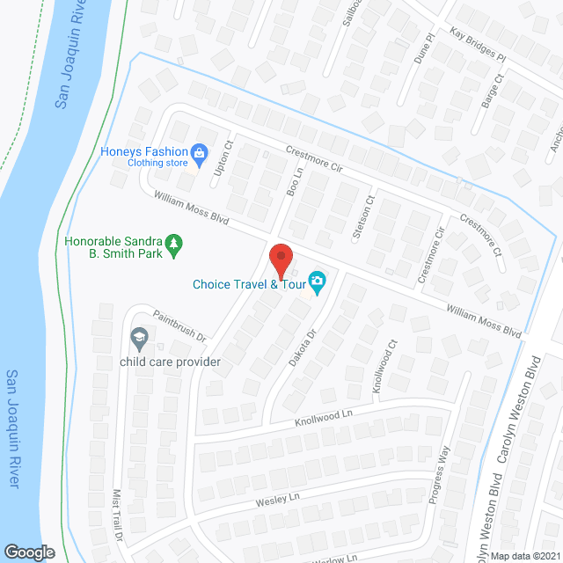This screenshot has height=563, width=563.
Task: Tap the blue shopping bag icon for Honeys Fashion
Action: point(200,155)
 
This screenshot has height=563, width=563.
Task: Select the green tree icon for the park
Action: point(175,243)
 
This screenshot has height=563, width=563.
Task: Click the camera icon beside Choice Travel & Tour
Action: point(318,283)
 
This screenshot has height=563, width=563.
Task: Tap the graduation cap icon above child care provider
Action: point(139,336)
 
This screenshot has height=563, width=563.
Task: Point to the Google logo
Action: point(29,552)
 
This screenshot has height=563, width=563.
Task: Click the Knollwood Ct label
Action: point(380,369)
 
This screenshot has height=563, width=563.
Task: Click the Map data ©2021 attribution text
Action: point(524,555)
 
